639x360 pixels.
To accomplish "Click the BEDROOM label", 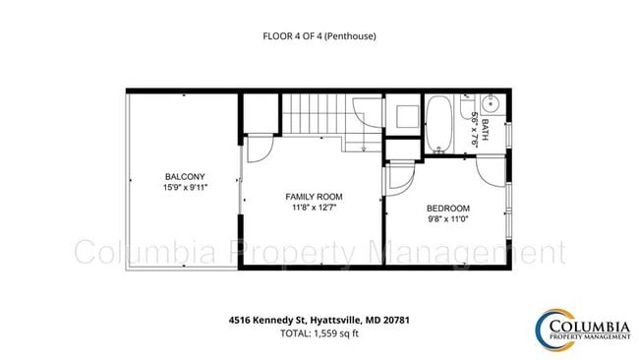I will (x=447, y=209).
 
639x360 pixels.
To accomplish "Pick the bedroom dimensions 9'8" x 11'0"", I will (x=447, y=219).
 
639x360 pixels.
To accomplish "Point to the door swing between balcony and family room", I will (x=257, y=149).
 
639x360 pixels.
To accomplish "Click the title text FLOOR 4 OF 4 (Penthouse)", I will (x=319, y=36).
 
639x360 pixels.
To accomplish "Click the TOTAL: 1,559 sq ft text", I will (x=319, y=333).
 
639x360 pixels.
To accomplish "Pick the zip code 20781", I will (x=396, y=320).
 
